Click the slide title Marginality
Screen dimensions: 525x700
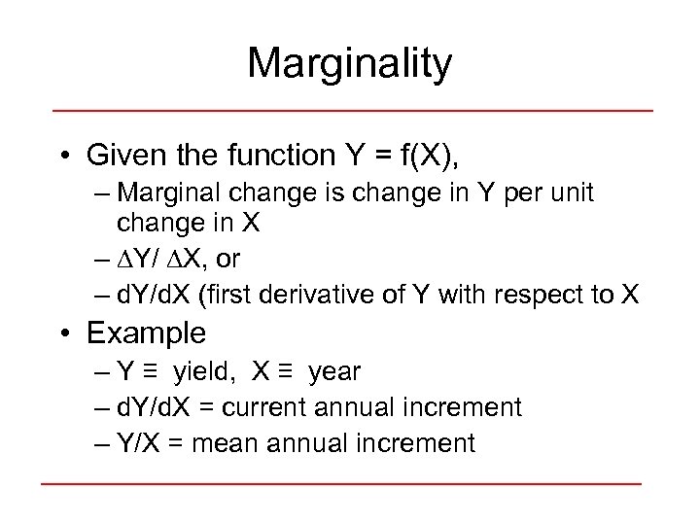(x=349, y=64)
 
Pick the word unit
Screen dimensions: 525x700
(x=567, y=193)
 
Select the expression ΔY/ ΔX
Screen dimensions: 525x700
(x=161, y=260)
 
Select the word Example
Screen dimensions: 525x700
(x=146, y=333)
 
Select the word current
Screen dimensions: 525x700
(x=274, y=407)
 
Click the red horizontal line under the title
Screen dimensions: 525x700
(x=351, y=110)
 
